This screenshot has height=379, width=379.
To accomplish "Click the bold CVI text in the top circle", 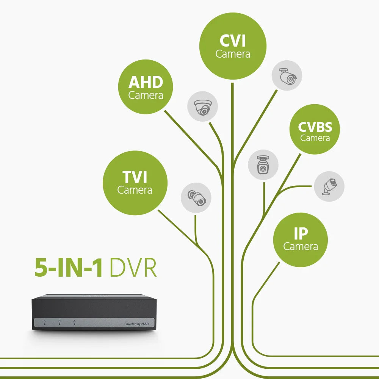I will click(233, 41).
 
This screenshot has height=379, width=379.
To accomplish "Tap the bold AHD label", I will click(146, 82).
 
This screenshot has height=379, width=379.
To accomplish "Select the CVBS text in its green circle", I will click(315, 127).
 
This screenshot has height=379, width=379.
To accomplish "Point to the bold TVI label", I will click(135, 177).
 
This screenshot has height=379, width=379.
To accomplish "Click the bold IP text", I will click(301, 234).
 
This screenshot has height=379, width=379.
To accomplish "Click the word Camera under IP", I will click(301, 246).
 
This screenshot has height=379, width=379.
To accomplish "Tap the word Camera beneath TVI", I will click(135, 189).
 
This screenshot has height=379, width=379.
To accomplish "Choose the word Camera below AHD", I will click(146, 95).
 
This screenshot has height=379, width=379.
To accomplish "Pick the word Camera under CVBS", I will click(315, 138).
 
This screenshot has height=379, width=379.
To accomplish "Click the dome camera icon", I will click(202, 107).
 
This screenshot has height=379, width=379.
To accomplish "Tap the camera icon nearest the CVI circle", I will click(287, 75).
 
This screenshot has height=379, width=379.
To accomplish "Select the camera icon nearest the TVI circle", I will click(196, 197).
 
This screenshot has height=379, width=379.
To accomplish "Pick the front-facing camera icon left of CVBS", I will click(263, 164).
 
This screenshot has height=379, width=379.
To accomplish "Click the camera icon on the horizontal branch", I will click(329, 186).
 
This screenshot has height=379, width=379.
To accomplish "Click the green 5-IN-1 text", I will click(69, 268).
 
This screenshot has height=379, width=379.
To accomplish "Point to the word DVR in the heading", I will click(133, 268).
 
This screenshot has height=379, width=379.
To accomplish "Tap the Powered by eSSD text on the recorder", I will click(138, 324).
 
